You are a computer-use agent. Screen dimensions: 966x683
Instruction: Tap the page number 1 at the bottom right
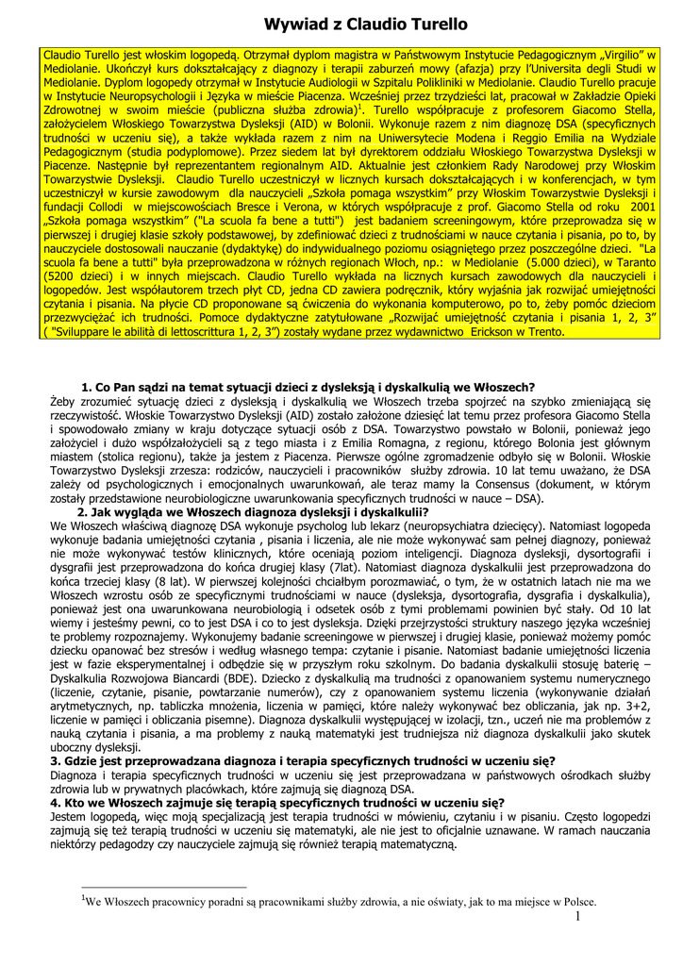tap(576, 917)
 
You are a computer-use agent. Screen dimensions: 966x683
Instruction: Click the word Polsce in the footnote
tap(578, 901)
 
